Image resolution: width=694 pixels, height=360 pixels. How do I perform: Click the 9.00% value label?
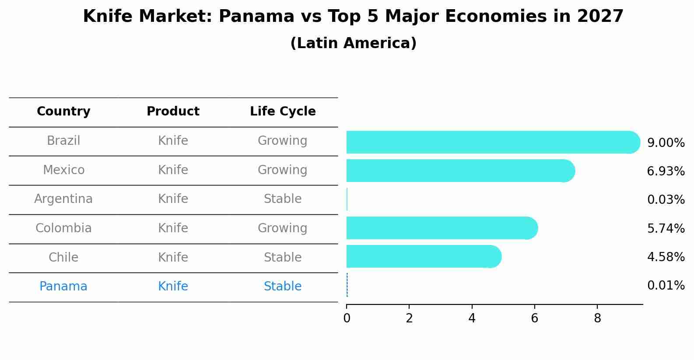(666, 143)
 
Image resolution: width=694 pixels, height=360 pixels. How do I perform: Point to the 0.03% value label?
(666, 200)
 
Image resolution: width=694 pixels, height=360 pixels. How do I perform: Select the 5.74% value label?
(666, 228)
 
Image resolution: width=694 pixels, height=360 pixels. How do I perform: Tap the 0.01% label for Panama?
(666, 286)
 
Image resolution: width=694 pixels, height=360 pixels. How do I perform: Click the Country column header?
(63, 112)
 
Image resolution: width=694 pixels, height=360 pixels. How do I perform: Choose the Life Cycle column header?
(283, 112)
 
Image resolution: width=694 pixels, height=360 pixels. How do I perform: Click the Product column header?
(173, 112)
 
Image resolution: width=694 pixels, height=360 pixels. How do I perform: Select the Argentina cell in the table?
(63, 199)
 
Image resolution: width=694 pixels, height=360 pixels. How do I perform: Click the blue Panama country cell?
(63, 287)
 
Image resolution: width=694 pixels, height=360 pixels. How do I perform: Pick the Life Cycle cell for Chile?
(283, 257)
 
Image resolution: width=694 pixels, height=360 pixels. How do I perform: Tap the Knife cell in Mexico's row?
(173, 170)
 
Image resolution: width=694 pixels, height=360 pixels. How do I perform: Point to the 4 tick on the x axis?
(472, 318)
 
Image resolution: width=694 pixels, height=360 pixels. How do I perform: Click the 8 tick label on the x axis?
(597, 318)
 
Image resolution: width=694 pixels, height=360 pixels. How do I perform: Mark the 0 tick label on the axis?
(347, 318)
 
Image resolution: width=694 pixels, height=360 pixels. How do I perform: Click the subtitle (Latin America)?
(353, 43)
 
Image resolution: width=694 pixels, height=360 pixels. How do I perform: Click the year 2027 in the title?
(600, 17)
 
